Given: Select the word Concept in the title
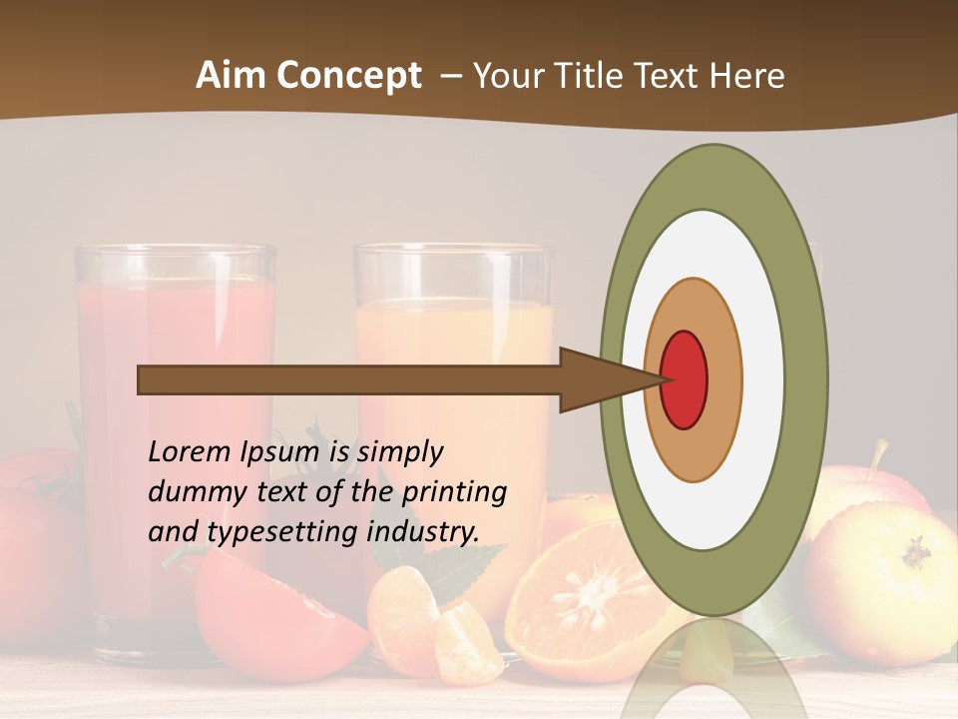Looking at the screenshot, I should (349, 77).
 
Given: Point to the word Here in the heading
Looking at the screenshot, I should (747, 76).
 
